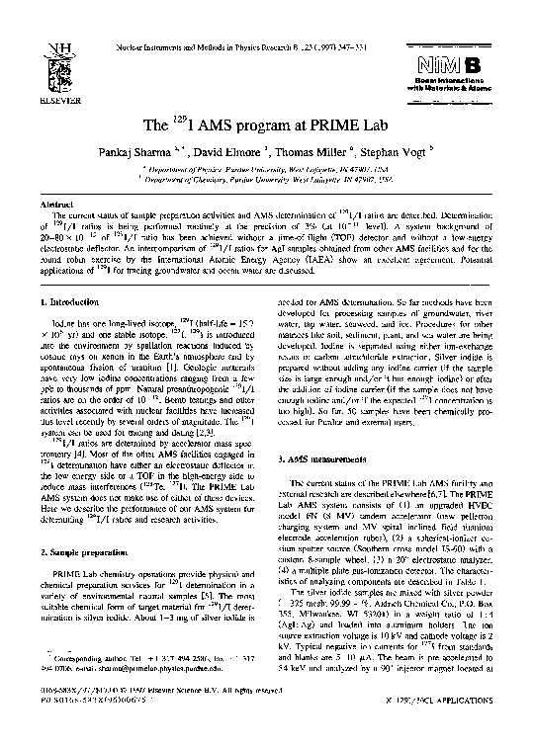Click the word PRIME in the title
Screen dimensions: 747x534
pyautogui.click(x=329, y=129)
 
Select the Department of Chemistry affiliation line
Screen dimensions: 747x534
pyautogui.click(x=267, y=182)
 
